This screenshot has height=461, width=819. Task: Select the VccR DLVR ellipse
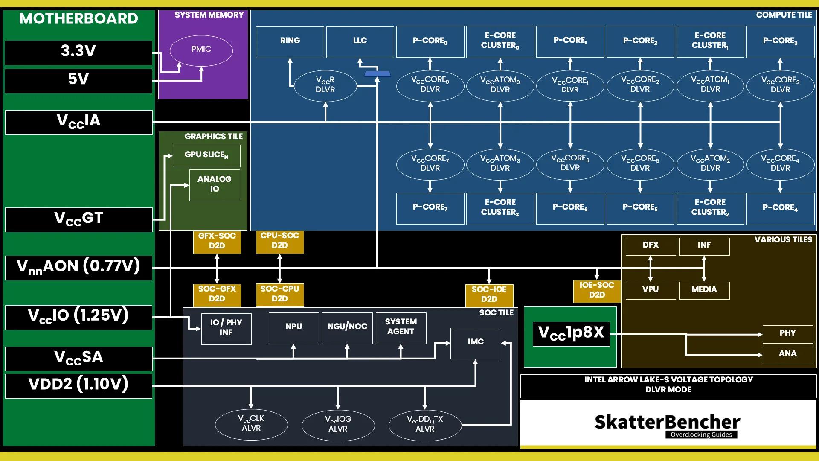pyautogui.click(x=325, y=85)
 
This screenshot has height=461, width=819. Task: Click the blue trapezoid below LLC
pyautogui.click(x=377, y=74)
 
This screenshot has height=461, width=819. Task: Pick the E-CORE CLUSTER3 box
pyautogui.click(x=500, y=208)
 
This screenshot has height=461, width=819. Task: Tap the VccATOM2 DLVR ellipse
pyautogui.click(x=710, y=163)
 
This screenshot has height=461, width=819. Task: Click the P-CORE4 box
pyautogui.click(x=780, y=208)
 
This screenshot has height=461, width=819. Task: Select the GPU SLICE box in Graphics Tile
pyautogui.click(x=206, y=155)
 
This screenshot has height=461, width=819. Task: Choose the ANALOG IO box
pyautogui.click(x=215, y=185)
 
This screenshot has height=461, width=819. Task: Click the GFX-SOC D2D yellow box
pyautogui.click(x=217, y=242)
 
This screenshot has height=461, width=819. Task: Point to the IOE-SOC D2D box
pyautogui.click(x=596, y=291)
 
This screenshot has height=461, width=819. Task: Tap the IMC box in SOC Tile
pyautogui.click(x=476, y=343)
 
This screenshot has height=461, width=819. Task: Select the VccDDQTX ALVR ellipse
pyautogui.click(x=425, y=425)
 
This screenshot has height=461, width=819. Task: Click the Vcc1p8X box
pyautogui.click(x=571, y=333)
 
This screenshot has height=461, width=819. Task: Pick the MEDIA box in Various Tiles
pyautogui.click(x=704, y=290)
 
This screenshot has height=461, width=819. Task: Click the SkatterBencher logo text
pyautogui.click(x=667, y=423)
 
